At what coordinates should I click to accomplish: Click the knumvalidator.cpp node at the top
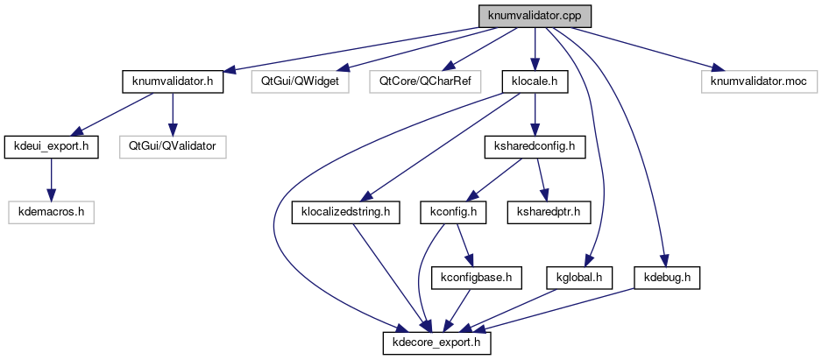[535, 17]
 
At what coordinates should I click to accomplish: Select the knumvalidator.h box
[173, 82]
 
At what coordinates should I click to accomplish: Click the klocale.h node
[535, 82]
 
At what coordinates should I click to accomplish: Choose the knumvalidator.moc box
[759, 82]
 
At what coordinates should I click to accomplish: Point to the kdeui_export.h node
[52, 146]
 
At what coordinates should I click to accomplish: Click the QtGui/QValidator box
[173, 146]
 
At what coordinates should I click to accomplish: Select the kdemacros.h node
[52, 211]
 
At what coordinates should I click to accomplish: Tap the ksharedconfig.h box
[535, 146]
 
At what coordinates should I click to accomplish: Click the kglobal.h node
[578, 278]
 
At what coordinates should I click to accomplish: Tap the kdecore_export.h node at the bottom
[436, 342]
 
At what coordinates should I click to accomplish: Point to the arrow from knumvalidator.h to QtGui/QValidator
[173, 114]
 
